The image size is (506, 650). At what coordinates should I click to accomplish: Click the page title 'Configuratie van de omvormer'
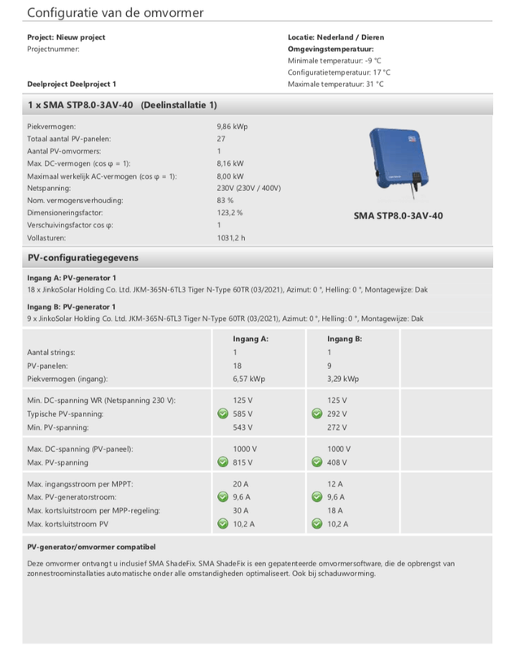pos(116,13)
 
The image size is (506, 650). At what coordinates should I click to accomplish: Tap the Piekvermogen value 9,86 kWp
pos(233,127)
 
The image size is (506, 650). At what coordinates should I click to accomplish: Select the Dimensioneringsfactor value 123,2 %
pos(230,212)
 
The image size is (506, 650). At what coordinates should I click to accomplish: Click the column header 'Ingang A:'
pos(251,337)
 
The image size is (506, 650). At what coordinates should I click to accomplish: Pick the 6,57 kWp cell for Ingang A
pos(250,379)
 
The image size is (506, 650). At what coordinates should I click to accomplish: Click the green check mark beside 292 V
pos(316,414)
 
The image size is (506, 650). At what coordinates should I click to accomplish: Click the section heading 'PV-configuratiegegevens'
pos(83,258)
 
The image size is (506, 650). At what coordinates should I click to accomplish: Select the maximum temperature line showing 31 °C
pos(336,84)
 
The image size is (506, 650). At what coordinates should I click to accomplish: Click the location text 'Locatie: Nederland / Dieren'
pos(336,37)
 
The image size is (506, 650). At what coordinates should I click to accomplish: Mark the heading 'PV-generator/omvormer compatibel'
pos(91,547)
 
